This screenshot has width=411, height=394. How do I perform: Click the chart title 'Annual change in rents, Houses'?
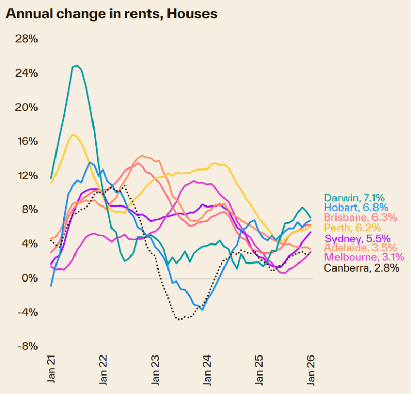(111, 14)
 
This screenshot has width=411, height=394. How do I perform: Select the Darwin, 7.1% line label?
(354, 198)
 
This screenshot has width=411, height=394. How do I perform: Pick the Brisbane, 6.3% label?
(360, 218)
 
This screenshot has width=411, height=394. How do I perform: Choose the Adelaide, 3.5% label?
(360, 248)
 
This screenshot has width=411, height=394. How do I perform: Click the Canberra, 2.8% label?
(361, 268)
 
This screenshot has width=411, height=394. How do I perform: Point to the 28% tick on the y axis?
(27, 39)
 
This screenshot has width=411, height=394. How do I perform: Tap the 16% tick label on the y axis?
(27, 141)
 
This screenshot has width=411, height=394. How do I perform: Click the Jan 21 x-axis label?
(51, 368)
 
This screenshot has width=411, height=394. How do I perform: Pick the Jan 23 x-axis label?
(155, 368)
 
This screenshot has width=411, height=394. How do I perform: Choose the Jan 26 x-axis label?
(311, 368)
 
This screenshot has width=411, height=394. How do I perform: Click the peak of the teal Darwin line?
(77, 65)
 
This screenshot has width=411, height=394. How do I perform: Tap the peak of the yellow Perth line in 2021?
(73, 135)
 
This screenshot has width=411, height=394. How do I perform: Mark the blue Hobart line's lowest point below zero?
(202, 310)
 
